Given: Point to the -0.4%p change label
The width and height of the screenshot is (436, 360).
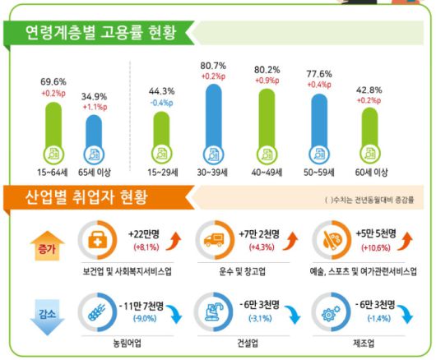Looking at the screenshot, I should click(161, 103).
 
